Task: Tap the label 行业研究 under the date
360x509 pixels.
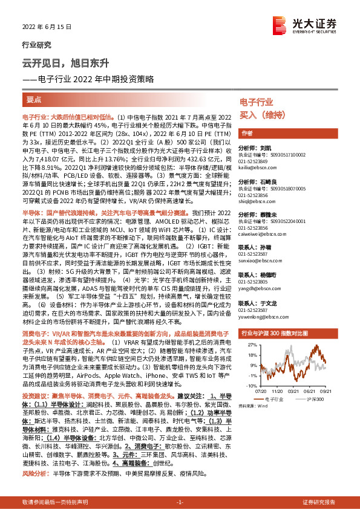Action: [33, 45]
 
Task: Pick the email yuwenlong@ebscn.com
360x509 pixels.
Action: [257, 314]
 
